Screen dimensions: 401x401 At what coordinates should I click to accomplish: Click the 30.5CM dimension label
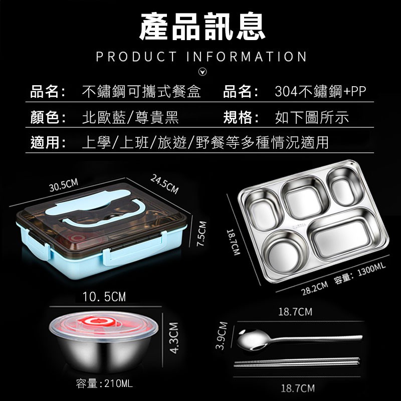click(x=64, y=185)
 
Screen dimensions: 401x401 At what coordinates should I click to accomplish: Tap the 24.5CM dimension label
click(x=164, y=184)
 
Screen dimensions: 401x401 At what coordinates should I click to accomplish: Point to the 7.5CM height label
click(x=202, y=234)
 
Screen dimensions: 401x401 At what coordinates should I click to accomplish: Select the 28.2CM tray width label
click(x=314, y=288)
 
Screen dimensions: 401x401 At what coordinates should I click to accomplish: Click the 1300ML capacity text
click(x=371, y=270)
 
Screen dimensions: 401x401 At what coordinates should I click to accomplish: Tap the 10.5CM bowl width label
click(x=104, y=297)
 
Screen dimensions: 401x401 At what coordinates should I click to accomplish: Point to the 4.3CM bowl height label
click(x=174, y=337)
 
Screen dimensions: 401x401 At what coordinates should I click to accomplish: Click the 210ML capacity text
click(x=119, y=383)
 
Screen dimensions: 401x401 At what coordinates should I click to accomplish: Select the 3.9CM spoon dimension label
click(x=222, y=335)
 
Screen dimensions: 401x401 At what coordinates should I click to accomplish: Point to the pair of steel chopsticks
click(x=297, y=362)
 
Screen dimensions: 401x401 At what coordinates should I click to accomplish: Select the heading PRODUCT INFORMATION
click(x=202, y=57)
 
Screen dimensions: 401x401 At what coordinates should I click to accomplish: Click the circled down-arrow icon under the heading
click(x=203, y=72)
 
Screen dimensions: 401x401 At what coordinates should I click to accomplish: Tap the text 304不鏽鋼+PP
click(x=320, y=91)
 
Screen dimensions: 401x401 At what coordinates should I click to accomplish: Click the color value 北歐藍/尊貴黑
click(x=130, y=117)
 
